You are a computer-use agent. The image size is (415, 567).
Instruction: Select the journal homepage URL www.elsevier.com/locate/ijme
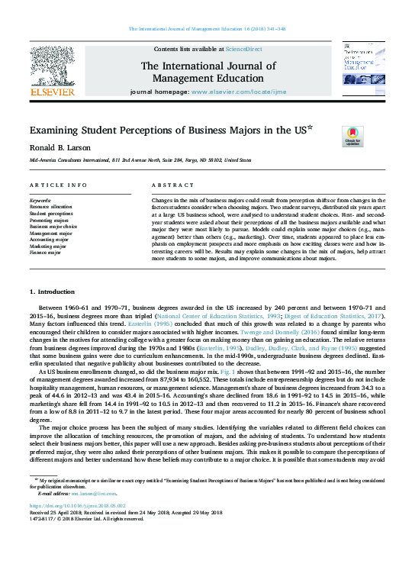[230, 91]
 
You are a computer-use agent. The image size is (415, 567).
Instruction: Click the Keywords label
[40, 200]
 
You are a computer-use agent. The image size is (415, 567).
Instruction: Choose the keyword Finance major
[45, 253]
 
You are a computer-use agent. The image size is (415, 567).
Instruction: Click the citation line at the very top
[207, 28]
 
